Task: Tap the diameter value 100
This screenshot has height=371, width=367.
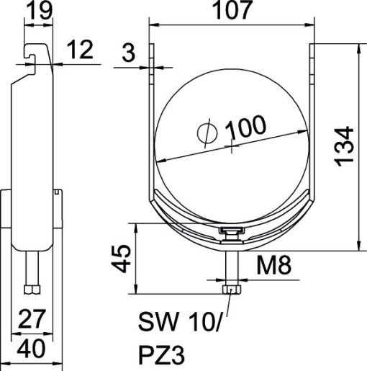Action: pyautogui.click(x=245, y=127)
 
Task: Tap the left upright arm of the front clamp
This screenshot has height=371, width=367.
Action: pyautogui.click(x=152, y=108)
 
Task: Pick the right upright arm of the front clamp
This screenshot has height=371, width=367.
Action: pyautogui.click(x=313, y=108)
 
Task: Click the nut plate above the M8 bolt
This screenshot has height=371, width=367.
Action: pyautogui.click(x=230, y=231)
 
